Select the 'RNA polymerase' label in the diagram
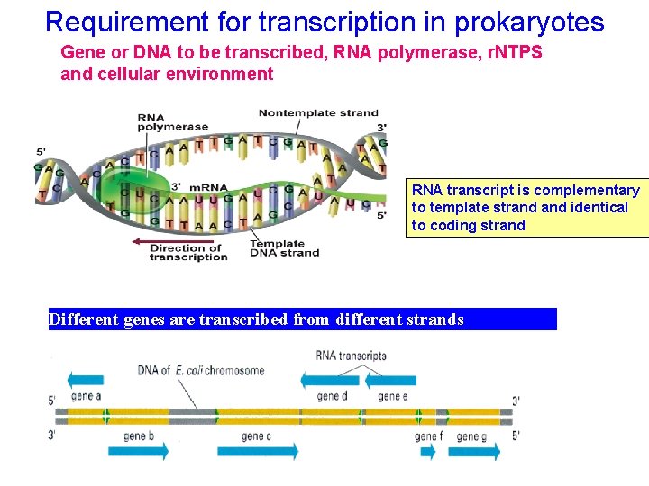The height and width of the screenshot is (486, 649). click(172, 122)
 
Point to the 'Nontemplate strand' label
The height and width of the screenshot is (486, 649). click(318, 112)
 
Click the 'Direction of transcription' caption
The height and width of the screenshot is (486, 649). click(188, 253)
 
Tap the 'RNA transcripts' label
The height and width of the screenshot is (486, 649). click(351, 355)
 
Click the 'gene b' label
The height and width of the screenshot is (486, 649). click(139, 436)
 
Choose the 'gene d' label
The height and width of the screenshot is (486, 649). click(333, 396)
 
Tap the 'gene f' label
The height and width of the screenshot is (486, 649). click(427, 436)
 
